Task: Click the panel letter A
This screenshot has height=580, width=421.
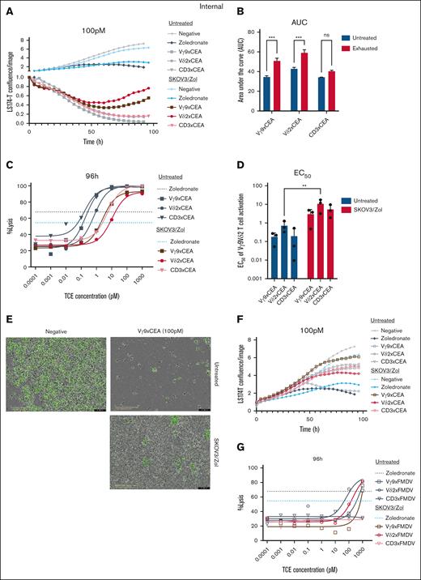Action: point(7,9)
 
